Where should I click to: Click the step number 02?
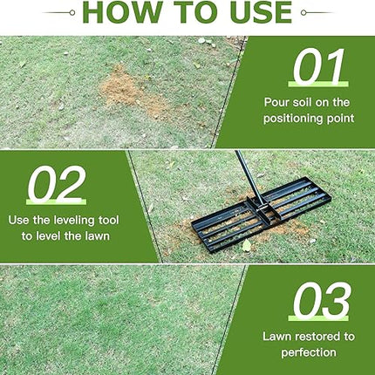(57, 184)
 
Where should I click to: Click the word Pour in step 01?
(276, 102)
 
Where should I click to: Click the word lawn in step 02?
(97, 235)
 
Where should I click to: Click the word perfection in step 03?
(309, 352)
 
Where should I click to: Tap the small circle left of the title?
(72, 12)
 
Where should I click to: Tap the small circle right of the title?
(303, 12)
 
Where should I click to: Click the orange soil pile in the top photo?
(132, 90)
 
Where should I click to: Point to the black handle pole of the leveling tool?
(249, 177)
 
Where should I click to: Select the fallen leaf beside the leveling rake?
(247, 246)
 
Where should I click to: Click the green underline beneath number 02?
(57, 201)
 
